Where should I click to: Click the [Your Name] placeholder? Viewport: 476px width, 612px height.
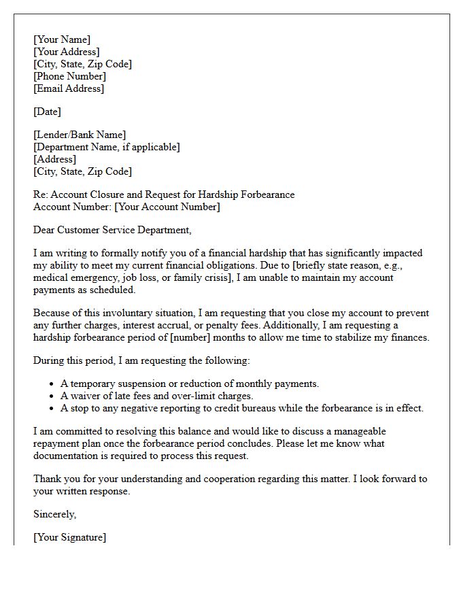tap(62, 39)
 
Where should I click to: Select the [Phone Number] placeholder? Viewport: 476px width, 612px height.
tap(69, 76)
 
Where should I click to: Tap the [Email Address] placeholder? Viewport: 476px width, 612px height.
tap(69, 88)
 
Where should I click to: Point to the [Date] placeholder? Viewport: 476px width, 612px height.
tap(47, 112)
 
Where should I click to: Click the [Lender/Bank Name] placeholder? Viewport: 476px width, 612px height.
tap(80, 135)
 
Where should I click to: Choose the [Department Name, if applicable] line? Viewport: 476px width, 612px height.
tap(107, 147)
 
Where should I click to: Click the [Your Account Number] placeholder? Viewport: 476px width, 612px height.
tap(167, 207)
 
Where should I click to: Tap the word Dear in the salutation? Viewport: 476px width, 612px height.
tap(44, 230)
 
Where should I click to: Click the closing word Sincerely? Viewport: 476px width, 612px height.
tap(54, 514)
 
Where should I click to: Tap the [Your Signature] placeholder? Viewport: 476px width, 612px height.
tap(69, 537)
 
